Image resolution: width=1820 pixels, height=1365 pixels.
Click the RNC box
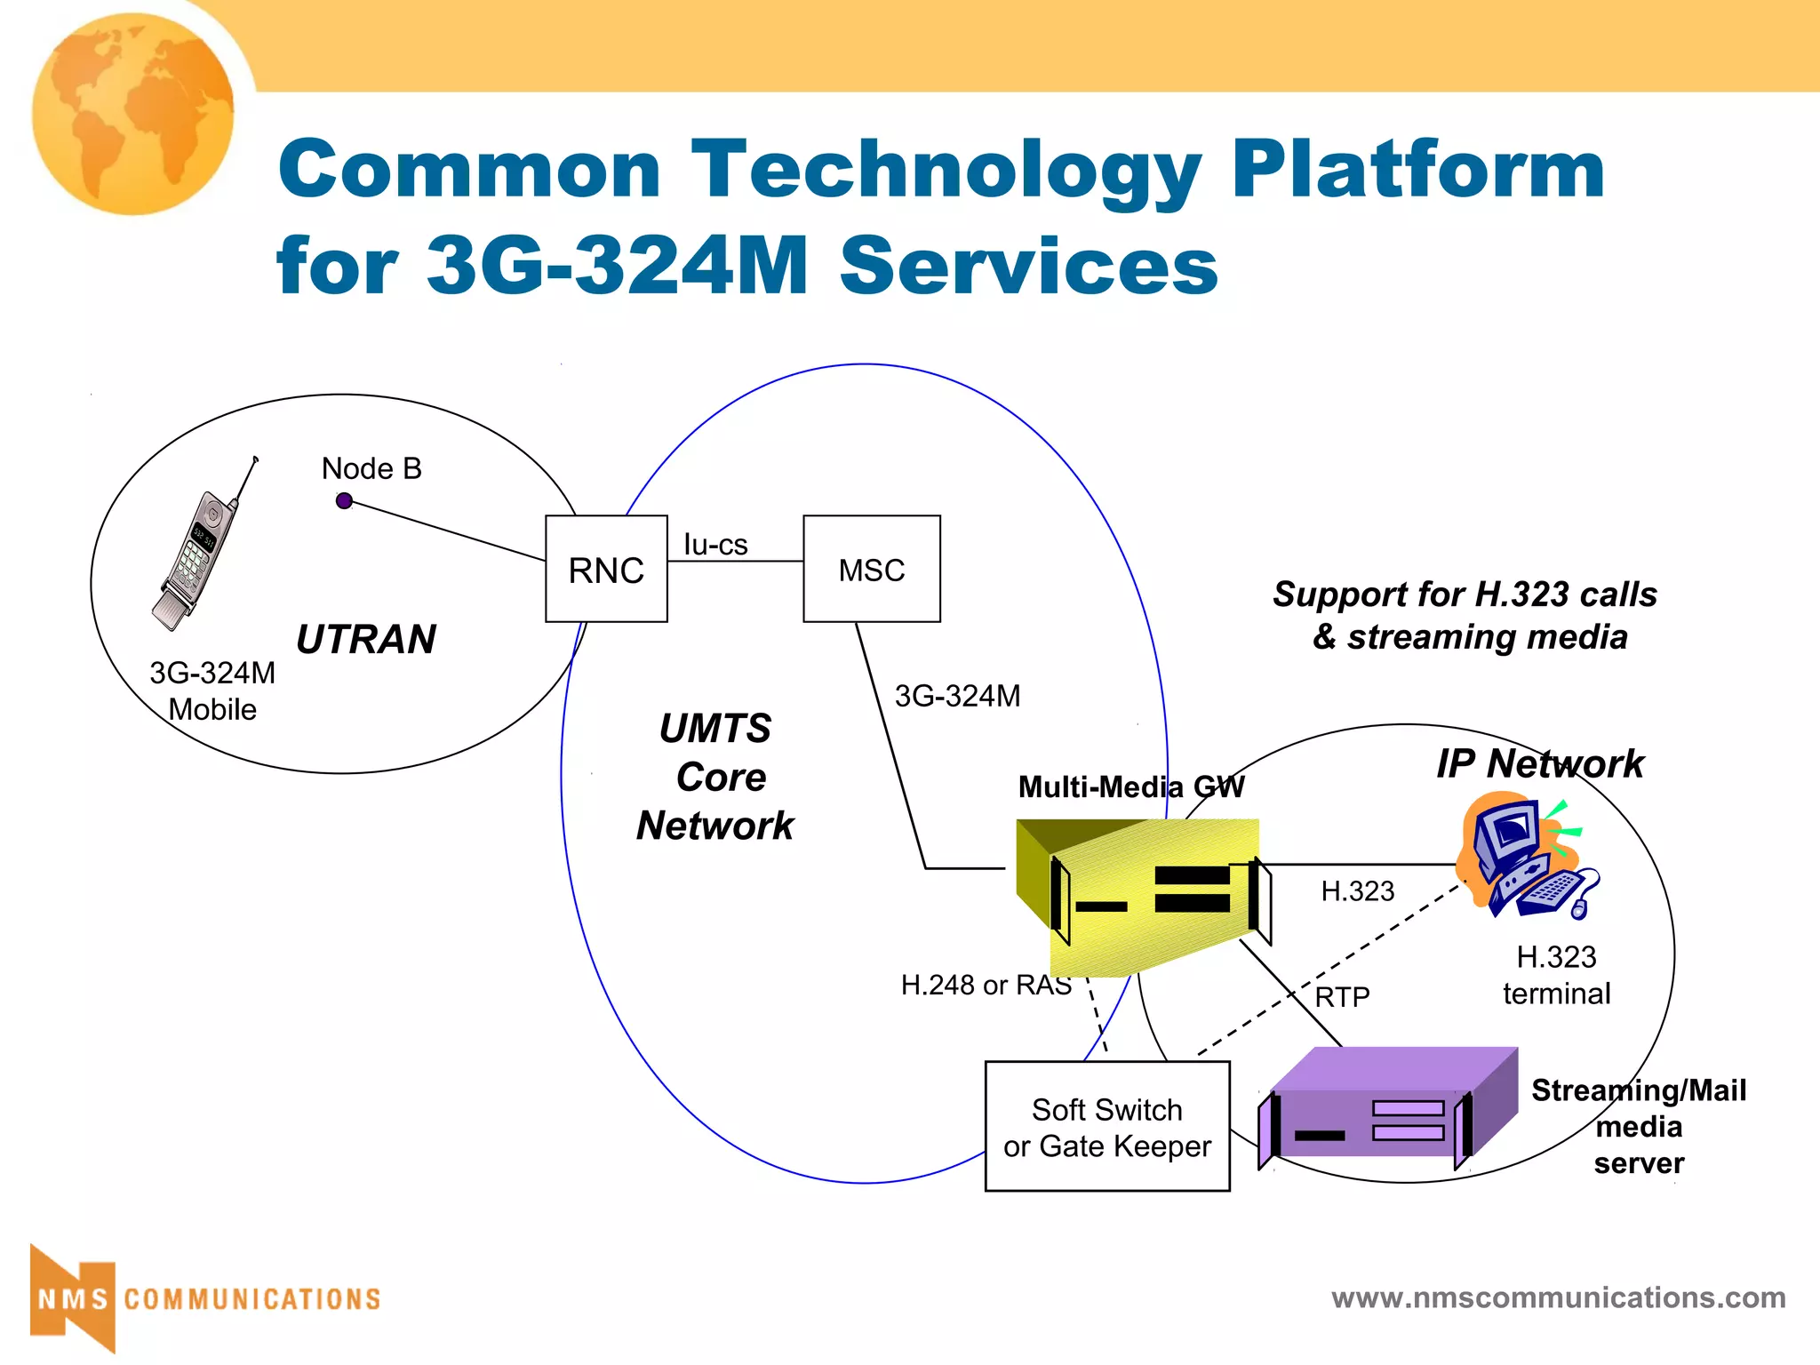606,569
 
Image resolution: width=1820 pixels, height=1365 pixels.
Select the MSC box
871,569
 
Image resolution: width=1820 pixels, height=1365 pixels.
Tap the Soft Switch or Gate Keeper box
1106,1127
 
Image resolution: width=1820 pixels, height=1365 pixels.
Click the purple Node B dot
344,501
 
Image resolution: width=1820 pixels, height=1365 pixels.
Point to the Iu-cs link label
715,544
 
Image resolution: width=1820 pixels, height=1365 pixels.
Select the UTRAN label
365,639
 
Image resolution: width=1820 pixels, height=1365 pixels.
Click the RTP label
1342,997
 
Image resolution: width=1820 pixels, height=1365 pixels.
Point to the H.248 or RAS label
986,985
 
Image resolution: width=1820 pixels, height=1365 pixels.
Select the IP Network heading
1540,763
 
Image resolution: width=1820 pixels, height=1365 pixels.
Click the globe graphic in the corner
133,114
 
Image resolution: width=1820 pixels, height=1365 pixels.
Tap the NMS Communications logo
204,1298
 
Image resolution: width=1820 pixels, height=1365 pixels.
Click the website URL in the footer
1558,1297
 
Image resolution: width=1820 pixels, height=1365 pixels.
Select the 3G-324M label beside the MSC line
957,696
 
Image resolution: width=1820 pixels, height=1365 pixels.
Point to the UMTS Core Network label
715,777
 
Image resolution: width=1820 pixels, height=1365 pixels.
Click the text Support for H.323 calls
1465,594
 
